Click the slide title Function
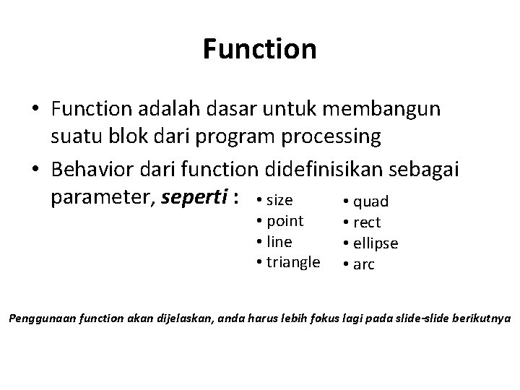click(259, 50)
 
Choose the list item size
click(280, 199)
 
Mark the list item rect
click(367, 222)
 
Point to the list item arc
click(364, 264)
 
